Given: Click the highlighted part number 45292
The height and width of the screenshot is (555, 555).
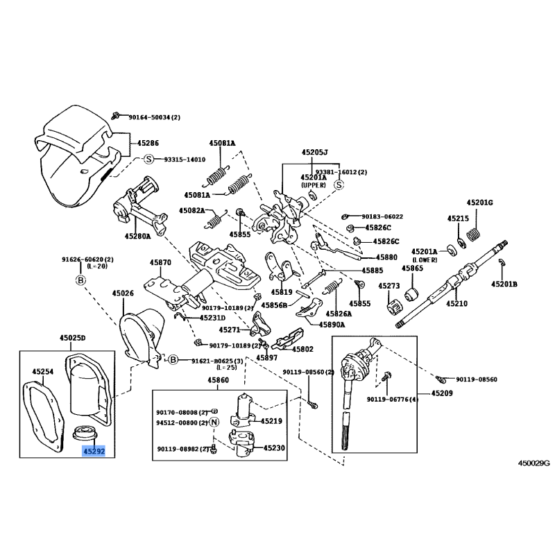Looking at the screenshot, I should [94, 450].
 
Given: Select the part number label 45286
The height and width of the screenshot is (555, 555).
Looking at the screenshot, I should [147, 143].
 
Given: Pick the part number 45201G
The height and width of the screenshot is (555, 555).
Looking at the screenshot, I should [479, 202].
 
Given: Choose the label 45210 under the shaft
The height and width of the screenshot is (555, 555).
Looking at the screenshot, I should [456, 303].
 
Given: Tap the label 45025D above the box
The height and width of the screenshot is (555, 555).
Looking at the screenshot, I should [72, 338].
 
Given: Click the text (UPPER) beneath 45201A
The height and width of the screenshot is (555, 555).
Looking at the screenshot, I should [314, 186].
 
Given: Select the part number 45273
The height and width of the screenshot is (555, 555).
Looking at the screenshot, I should [388, 286].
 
